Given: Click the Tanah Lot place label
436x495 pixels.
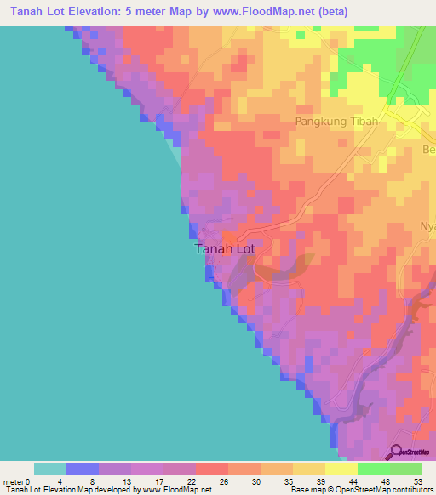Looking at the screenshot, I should (225, 249).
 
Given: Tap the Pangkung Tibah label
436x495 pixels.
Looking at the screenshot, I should (336, 122).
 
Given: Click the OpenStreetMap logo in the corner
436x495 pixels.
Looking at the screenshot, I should (411, 452).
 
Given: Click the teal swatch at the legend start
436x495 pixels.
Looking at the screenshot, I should (50, 469).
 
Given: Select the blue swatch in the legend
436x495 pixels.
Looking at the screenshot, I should (83, 469).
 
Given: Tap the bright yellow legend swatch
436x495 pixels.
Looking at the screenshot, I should (341, 469).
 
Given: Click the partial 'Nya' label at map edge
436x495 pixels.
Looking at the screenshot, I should (427, 226).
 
